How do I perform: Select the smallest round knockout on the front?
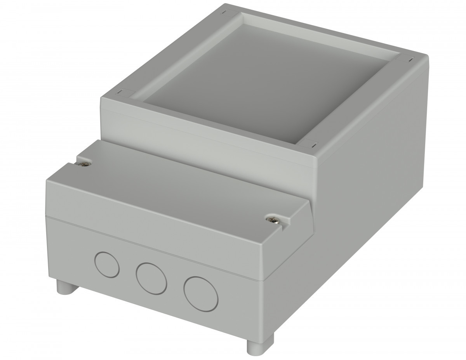107,264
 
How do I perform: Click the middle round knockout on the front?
151,279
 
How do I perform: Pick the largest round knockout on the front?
201,294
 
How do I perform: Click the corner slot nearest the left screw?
120,92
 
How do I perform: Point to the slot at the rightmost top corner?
410,59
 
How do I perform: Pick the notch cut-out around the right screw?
282,225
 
